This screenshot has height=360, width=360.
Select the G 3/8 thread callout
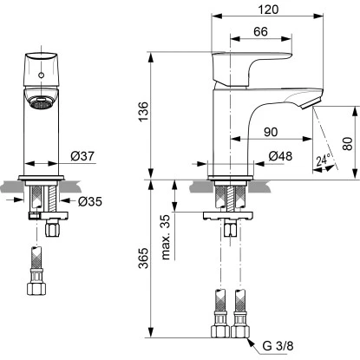[276, 348]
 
